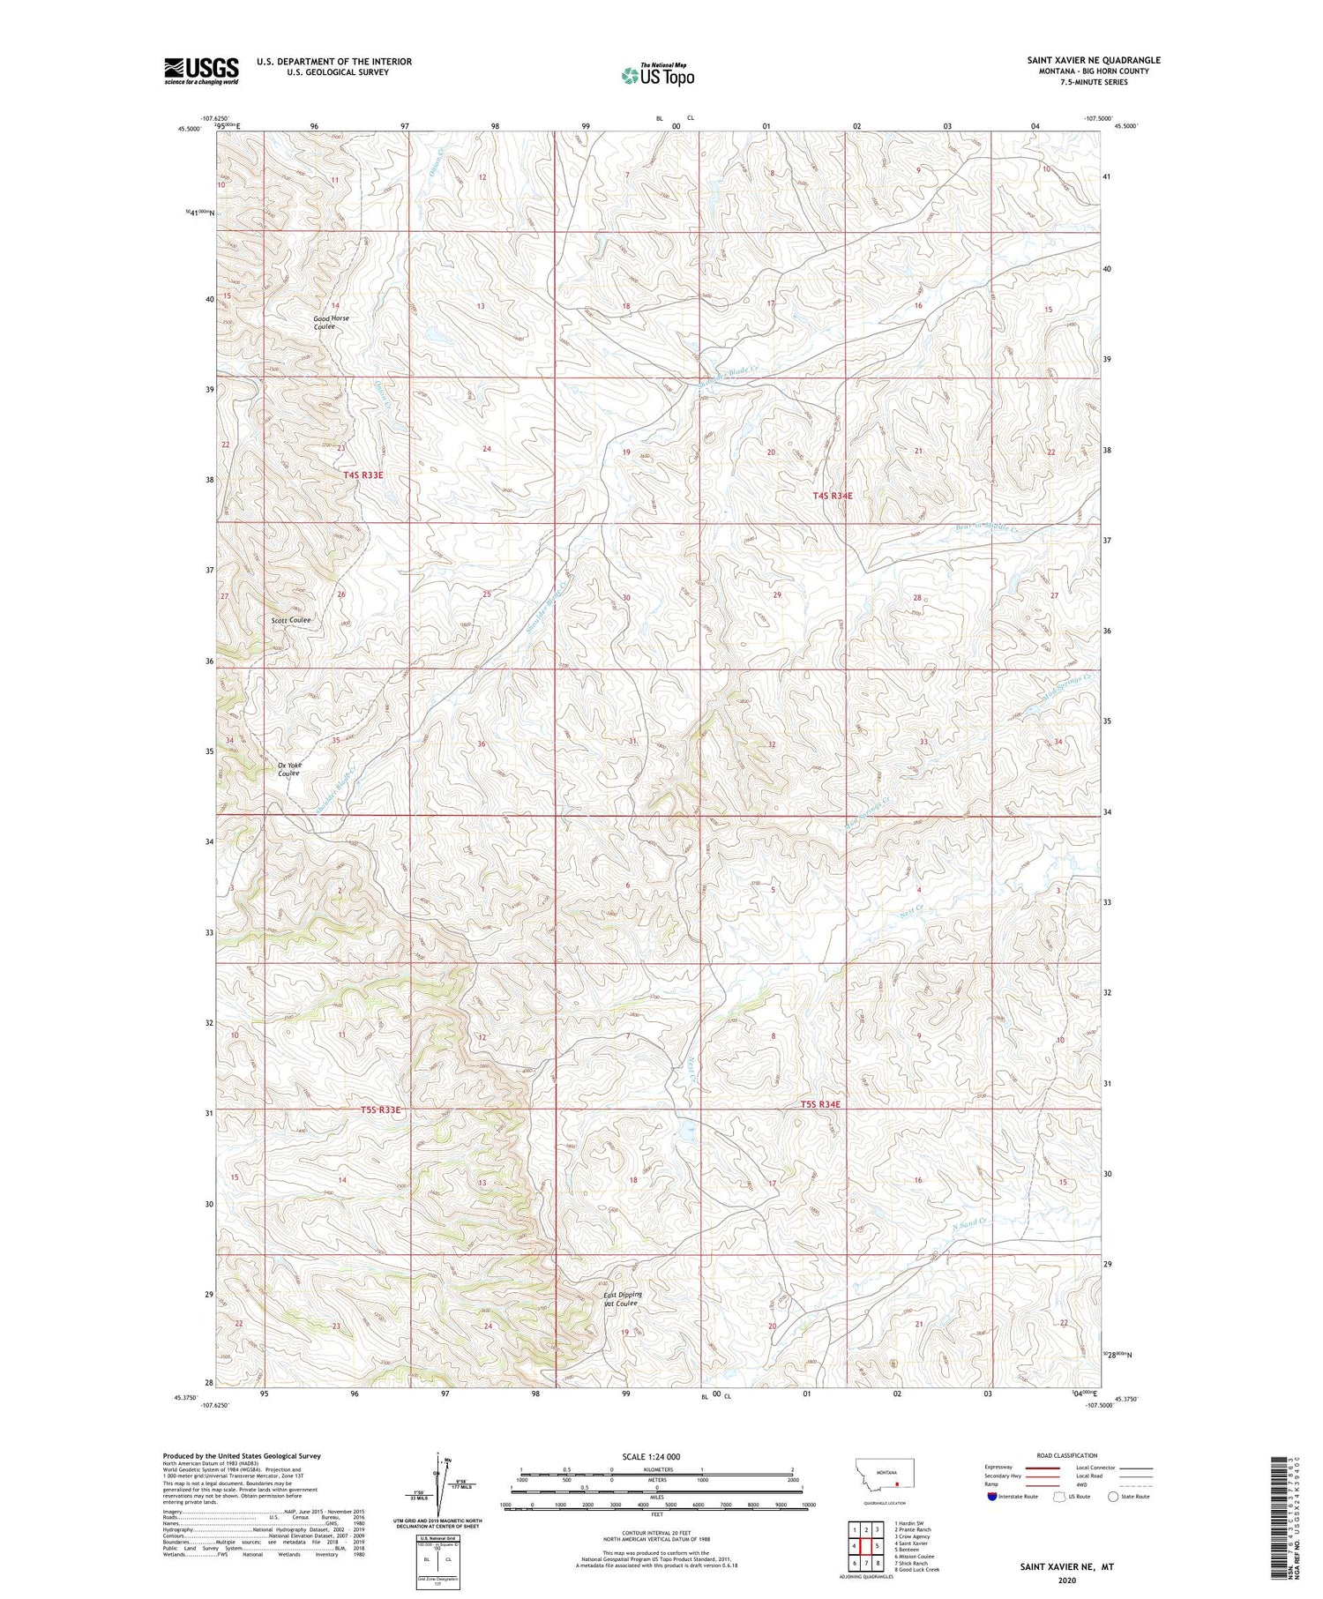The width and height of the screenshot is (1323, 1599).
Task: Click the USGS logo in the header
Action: coord(201,71)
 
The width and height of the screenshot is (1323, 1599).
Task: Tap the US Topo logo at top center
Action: coord(658,75)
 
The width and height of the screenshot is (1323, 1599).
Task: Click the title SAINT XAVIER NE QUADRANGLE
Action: coord(1093,60)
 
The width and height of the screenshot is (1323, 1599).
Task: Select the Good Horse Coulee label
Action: coord(331,322)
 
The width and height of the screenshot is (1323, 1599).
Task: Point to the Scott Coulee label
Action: coord(291,620)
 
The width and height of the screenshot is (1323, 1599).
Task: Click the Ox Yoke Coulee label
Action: coord(288,768)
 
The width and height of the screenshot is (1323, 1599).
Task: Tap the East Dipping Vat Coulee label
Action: coord(623,1299)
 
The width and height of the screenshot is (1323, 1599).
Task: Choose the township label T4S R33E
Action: coord(363,475)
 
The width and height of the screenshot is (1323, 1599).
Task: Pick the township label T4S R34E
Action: coord(833,497)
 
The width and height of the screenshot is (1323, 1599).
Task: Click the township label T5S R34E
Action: coord(820,1104)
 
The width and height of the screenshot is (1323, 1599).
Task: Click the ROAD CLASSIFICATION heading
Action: coord(1067,1455)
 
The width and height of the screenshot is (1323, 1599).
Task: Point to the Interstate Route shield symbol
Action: coord(991,1497)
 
